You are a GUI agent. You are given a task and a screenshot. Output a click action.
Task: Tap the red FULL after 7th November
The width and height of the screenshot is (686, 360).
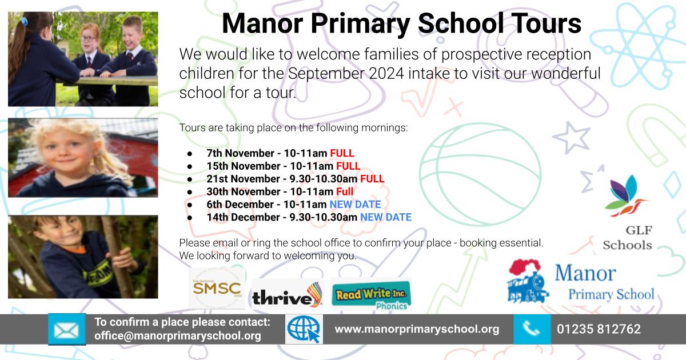342,153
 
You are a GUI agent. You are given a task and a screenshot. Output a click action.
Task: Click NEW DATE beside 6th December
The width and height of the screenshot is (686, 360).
354,204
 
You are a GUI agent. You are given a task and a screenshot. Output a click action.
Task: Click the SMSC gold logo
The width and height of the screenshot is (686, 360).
217,289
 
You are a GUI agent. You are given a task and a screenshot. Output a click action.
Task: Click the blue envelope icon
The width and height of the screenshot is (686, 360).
67,329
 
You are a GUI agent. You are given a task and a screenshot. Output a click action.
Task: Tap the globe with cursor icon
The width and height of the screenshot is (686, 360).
304,329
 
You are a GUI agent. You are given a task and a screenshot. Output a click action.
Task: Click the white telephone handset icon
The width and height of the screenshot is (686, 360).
531,329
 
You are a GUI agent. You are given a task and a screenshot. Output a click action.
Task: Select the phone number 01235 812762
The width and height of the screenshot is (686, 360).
599,329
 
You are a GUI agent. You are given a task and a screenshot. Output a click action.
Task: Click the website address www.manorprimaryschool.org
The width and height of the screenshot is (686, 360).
416,329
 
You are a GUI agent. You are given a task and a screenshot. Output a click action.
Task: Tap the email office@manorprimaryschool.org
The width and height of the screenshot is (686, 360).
177,336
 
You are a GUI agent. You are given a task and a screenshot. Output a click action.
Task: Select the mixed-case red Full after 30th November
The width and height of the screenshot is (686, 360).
344,191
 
